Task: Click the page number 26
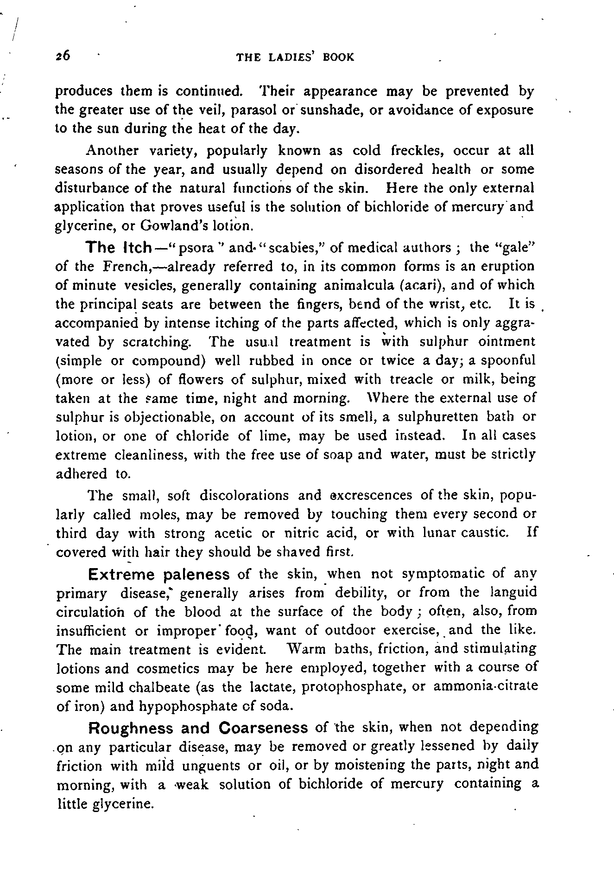62,56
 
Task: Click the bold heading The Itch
119,247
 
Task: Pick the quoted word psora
200,248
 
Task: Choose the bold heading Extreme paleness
158,575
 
